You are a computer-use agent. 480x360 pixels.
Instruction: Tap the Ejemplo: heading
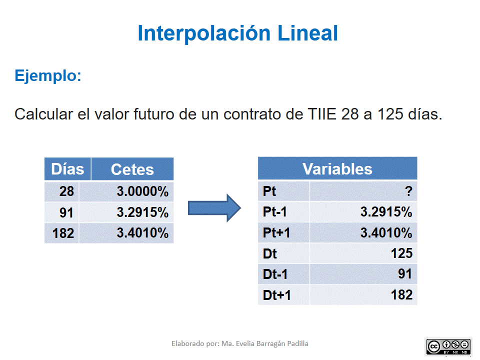point(48,76)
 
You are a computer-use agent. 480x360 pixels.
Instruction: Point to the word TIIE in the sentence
point(320,114)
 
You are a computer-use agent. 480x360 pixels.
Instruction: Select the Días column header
point(67,169)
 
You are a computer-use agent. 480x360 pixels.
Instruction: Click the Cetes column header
point(132,169)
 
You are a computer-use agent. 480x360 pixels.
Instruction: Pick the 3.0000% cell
point(142,191)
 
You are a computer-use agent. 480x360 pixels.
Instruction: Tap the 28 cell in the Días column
point(66,191)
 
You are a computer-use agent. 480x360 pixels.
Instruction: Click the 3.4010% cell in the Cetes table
point(142,233)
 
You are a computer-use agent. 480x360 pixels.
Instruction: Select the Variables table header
point(337,169)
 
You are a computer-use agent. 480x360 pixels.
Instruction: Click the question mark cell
point(408,191)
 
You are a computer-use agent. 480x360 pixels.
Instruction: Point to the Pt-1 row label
point(275,212)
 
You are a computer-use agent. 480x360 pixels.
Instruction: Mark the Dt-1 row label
point(275,274)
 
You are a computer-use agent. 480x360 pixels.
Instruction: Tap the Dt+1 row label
point(276,295)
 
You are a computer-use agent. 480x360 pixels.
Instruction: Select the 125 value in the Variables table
point(401,253)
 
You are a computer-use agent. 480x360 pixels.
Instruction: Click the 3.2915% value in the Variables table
point(386,212)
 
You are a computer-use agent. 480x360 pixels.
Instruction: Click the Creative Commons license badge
point(448,346)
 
